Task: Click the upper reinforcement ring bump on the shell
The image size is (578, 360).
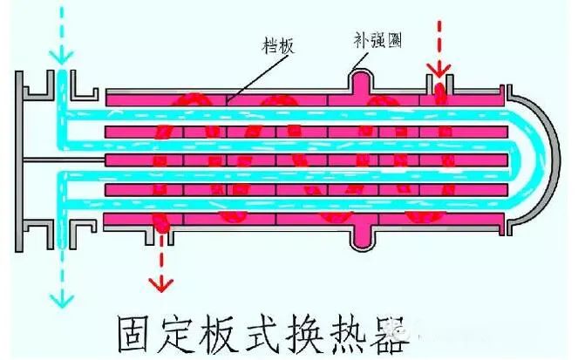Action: pyautogui.click(x=362, y=80)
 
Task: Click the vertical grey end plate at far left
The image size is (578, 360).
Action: pyautogui.click(x=21, y=157)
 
